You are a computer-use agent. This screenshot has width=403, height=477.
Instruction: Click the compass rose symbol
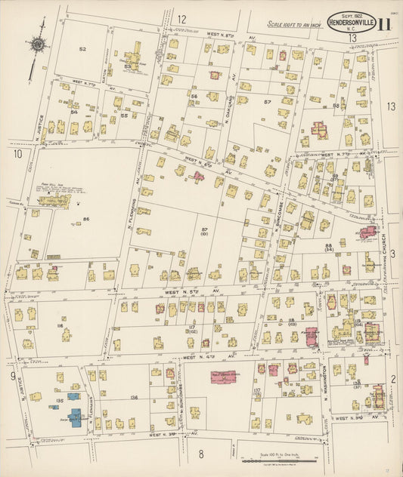(x=36, y=45)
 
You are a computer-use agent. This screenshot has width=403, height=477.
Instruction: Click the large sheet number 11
(x=384, y=25)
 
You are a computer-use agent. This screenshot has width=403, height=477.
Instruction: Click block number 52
(x=82, y=49)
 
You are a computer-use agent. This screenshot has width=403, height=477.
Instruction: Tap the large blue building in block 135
(x=76, y=417)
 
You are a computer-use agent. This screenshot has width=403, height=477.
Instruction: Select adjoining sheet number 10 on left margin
(x=17, y=154)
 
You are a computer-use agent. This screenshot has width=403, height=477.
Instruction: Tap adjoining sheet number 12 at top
(x=181, y=19)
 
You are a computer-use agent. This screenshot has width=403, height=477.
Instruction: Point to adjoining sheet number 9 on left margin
(x=13, y=375)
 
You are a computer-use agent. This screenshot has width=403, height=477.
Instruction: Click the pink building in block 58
(x=320, y=130)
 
